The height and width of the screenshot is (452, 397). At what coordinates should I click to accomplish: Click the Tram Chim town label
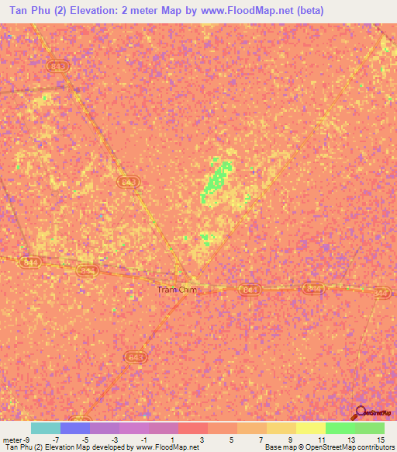[x=178, y=290]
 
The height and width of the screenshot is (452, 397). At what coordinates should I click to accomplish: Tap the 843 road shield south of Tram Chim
[x=135, y=356]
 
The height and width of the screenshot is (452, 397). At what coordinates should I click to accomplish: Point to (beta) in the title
[x=306, y=11]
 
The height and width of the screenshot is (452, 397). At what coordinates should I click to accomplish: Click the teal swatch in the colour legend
[x=46, y=428]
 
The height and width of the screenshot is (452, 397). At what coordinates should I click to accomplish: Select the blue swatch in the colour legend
[x=75, y=428]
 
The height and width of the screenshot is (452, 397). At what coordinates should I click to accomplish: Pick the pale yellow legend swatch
[x=310, y=428]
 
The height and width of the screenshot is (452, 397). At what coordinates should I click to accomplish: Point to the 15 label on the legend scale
[x=380, y=439]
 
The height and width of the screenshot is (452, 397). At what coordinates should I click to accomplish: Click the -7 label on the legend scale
[x=45, y=439]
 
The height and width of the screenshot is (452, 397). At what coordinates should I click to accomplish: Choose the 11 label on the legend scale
[x=320, y=439]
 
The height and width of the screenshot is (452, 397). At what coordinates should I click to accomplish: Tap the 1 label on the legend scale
[x=172, y=439]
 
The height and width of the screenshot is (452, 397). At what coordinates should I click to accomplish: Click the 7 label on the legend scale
[x=261, y=439]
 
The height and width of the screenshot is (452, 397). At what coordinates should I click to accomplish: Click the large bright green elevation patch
[x=218, y=178]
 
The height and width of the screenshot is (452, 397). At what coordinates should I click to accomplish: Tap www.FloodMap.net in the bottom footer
[x=167, y=447]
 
